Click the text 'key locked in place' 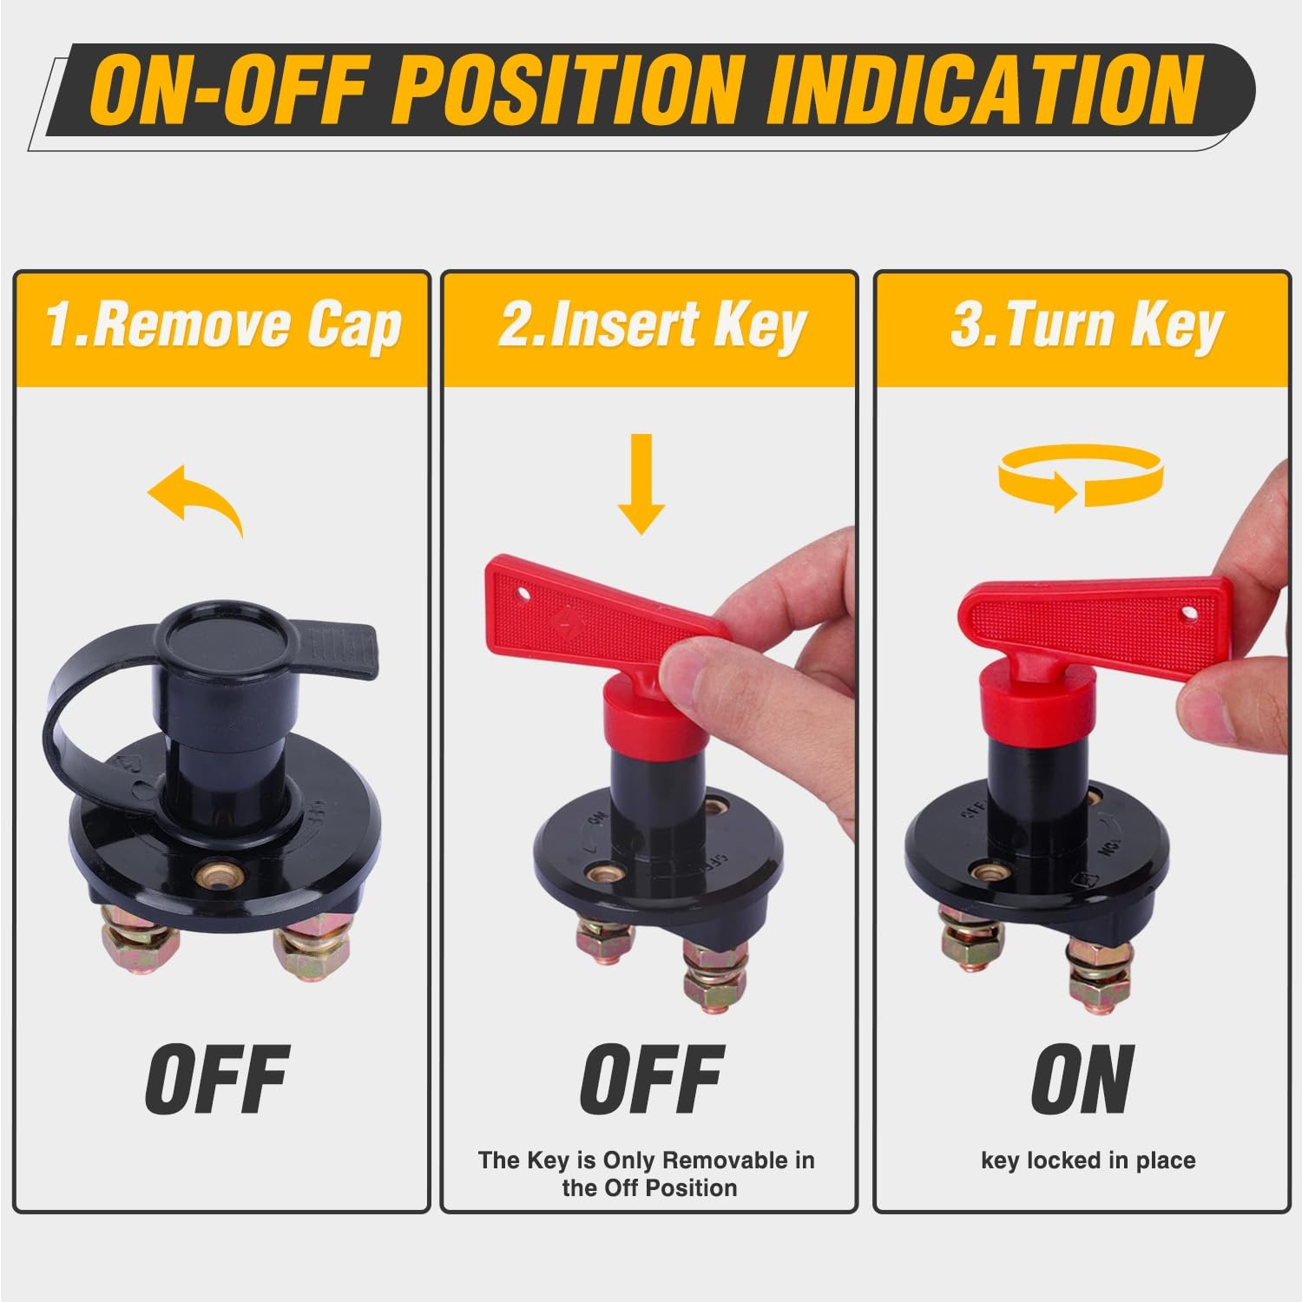1088,1161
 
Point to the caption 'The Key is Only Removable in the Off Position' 648,1174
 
